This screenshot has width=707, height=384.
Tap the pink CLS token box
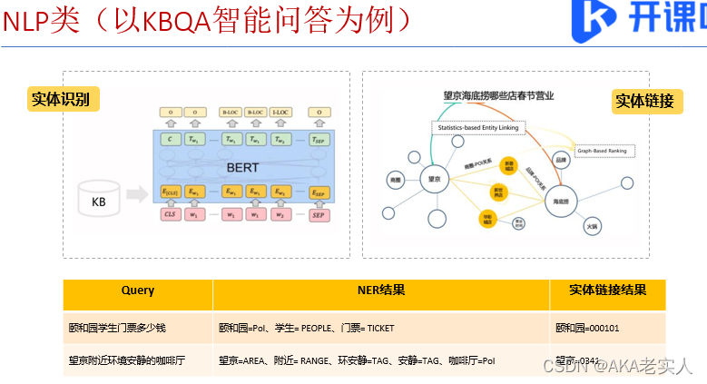(170, 214)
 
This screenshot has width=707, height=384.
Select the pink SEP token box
(318, 214)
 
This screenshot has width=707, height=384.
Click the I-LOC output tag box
(281, 113)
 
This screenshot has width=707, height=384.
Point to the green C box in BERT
(170, 139)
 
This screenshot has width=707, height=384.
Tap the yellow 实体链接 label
(644, 101)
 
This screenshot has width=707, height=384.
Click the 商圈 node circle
(395, 178)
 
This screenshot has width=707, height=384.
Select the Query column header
(138, 291)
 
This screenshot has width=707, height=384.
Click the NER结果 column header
(381, 291)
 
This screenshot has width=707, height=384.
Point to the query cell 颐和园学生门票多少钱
(105, 328)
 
